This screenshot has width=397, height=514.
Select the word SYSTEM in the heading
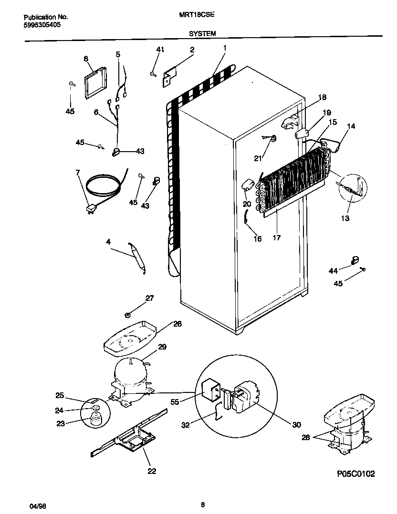pos(202,33)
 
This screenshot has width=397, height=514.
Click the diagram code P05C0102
pos(355,474)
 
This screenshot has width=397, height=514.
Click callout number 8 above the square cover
pos(86,59)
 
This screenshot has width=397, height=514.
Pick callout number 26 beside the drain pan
pos(177,323)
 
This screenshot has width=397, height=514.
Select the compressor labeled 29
pos(130,377)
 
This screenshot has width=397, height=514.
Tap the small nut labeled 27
pos(128,315)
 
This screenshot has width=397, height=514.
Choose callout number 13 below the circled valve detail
pos(345,218)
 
